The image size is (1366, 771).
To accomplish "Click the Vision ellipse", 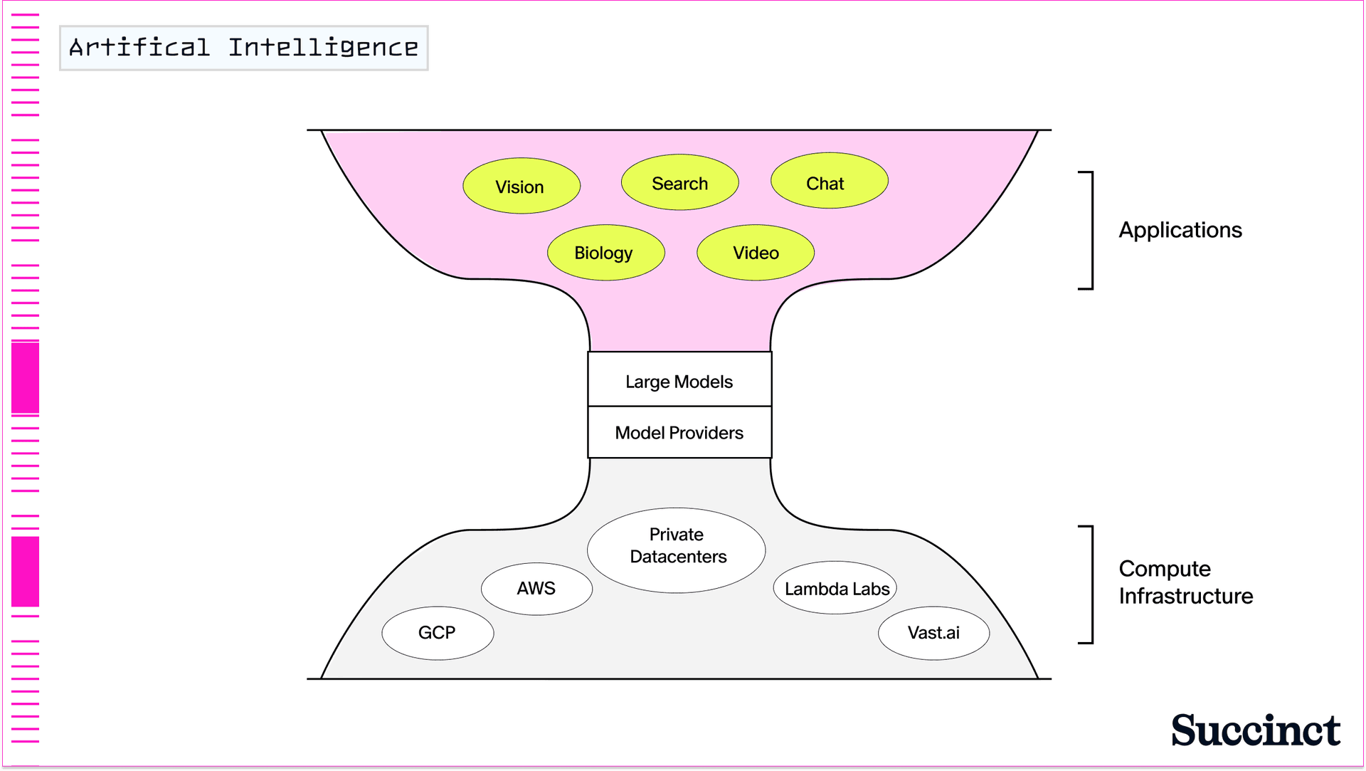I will (x=521, y=186).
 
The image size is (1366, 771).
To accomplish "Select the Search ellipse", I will (x=679, y=183).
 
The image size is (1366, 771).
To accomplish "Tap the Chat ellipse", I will (x=829, y=181).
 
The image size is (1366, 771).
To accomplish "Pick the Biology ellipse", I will (x=605, y=253).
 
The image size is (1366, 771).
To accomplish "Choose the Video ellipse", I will (x=755, y=253).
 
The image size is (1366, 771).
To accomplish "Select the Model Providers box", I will (x=679, y=432).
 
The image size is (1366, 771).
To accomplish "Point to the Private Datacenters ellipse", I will (x=676, y=550).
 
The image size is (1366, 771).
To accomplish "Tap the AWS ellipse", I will (x=536, y=589).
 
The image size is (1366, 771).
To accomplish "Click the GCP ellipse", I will (x=438, y=633).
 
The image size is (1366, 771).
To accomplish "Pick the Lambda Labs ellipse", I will (x=835, y=588).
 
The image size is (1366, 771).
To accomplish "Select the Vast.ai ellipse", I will (x=933, y=633).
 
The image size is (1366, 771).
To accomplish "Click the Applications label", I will (x=1180, y=230).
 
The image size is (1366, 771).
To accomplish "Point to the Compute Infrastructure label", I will (x=1185, y=582).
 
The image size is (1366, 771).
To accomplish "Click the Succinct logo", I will (x=1256, y=730).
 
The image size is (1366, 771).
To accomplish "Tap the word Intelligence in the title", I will (x=323, y=48).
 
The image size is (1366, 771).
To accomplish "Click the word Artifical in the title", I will (x=139, y=48).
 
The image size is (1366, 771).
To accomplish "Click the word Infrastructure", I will (x=1185, y=596).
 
